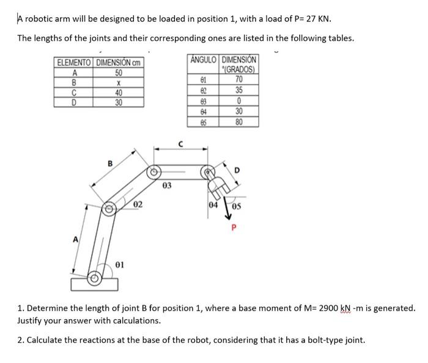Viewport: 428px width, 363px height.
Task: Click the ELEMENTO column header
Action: (73, 62)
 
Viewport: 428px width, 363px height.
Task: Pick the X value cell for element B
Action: (118, 82)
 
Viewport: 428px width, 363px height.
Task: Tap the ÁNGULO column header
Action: (203, 59)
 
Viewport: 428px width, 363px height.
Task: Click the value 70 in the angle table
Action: (239, 79)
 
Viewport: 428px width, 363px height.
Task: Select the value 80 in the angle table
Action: (239, 121)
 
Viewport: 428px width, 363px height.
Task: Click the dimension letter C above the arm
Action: (182, 144)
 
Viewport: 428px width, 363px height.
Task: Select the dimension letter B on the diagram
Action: (110, 163)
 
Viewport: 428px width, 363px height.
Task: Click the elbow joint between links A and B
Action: (110, 209)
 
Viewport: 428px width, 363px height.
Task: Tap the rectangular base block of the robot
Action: (95, 285)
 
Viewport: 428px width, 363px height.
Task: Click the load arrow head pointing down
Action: (224, 214)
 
